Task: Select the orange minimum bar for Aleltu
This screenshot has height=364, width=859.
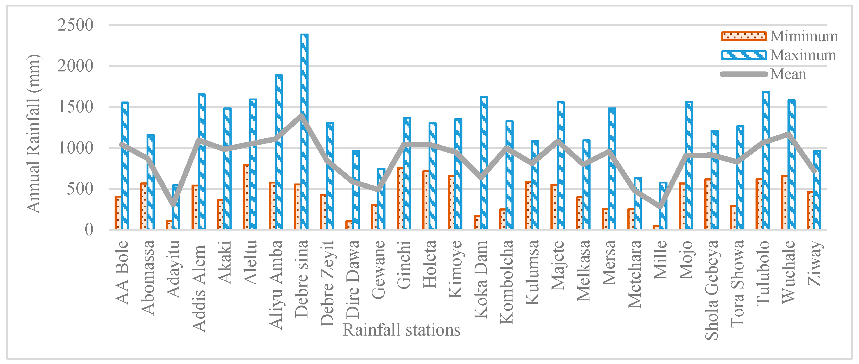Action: (x=246, y=196)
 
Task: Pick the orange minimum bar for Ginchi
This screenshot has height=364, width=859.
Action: (x=400, y=198)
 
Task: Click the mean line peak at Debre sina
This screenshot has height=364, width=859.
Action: (x=302, y=115)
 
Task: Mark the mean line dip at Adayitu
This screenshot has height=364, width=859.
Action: (x=173, y=204)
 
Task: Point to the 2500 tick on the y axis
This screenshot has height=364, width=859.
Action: (x=75, y=25)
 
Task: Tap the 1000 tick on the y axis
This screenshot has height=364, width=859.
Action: (x=75, y=148)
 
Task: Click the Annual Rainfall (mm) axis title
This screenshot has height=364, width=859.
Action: (x=33, y=133)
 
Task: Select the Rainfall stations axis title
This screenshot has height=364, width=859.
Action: (x=401, y=330)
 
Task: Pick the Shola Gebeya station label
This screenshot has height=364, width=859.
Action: (x=711, y=290)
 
